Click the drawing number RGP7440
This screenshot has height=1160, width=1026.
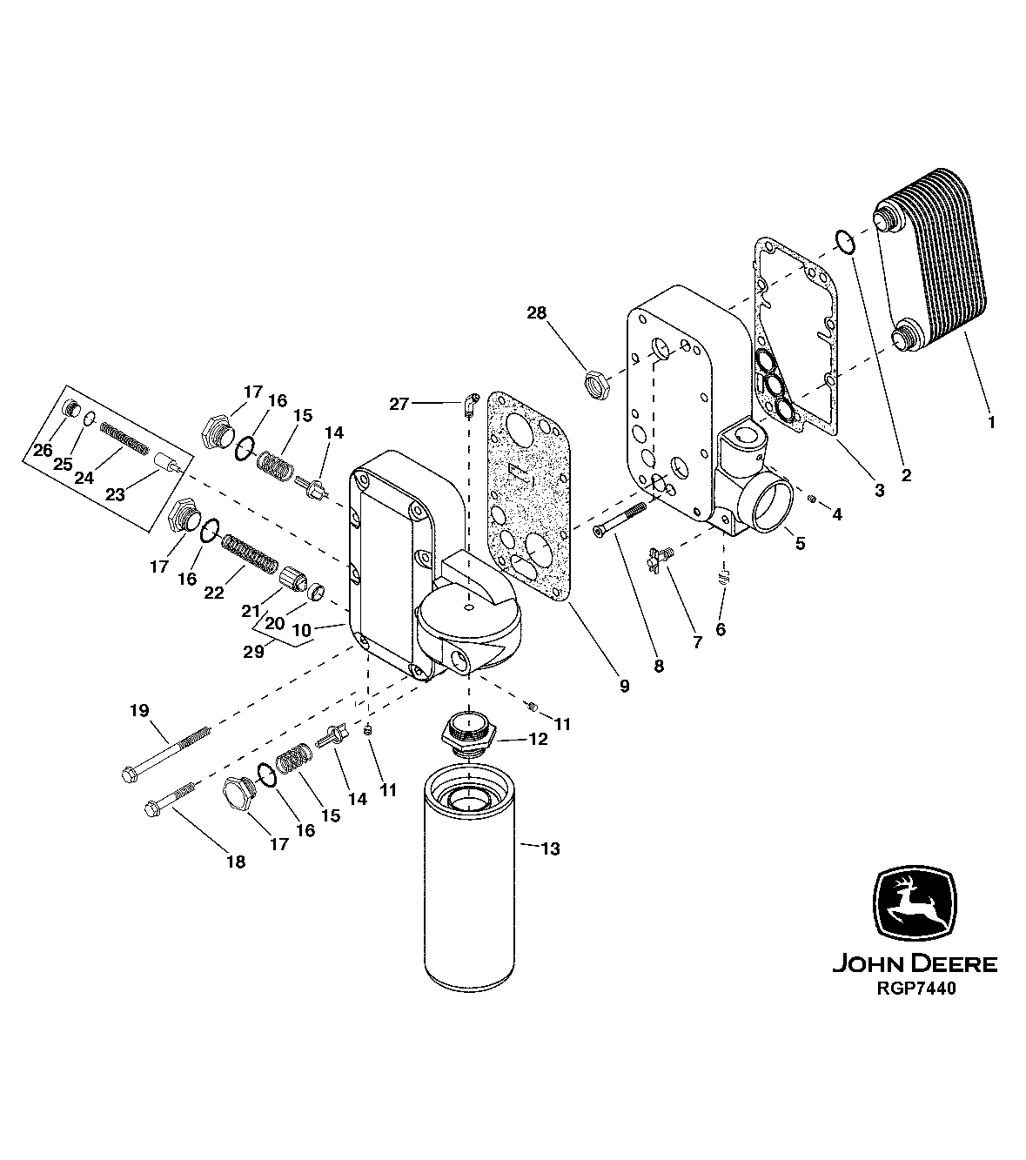coord(914,988)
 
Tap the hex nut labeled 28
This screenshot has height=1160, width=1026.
coord(596,382)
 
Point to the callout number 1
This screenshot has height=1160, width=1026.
coord(989,422)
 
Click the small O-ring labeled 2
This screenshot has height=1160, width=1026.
coord(843,241)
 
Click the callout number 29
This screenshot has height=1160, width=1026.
coord(253,651)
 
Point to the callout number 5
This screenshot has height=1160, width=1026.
coord(799,543)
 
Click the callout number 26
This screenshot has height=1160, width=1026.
coord(43,450)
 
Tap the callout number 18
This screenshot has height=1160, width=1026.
coord(235,862)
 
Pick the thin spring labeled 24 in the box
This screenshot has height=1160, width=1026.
coord(124,436)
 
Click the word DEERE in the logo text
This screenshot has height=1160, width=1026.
coord(954,964)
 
